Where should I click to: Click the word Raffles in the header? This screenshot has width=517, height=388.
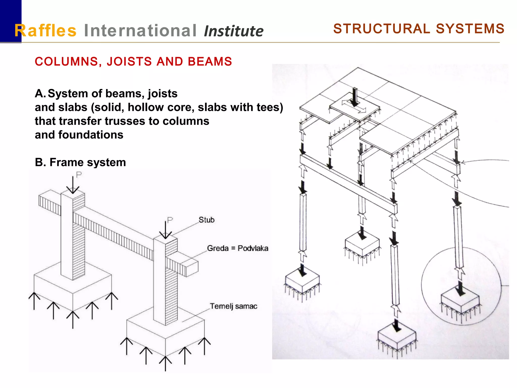(x=45, y=31)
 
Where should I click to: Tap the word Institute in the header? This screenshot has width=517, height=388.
(x=234, y=31)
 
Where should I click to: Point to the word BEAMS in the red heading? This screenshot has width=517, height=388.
(x=210, y=62)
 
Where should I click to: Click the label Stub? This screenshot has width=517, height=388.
(x=206, y=220)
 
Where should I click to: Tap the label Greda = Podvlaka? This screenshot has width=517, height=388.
(x=238, y=248)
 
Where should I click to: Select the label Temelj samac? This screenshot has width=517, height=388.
(x=234, y=306)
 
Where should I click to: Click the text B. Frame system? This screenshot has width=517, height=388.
(x=80, y=162)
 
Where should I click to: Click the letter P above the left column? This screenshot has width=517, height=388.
(x=79, y=175)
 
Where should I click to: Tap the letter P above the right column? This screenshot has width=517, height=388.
(x=170, y=220)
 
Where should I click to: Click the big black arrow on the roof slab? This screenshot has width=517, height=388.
(x=355, y=97)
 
